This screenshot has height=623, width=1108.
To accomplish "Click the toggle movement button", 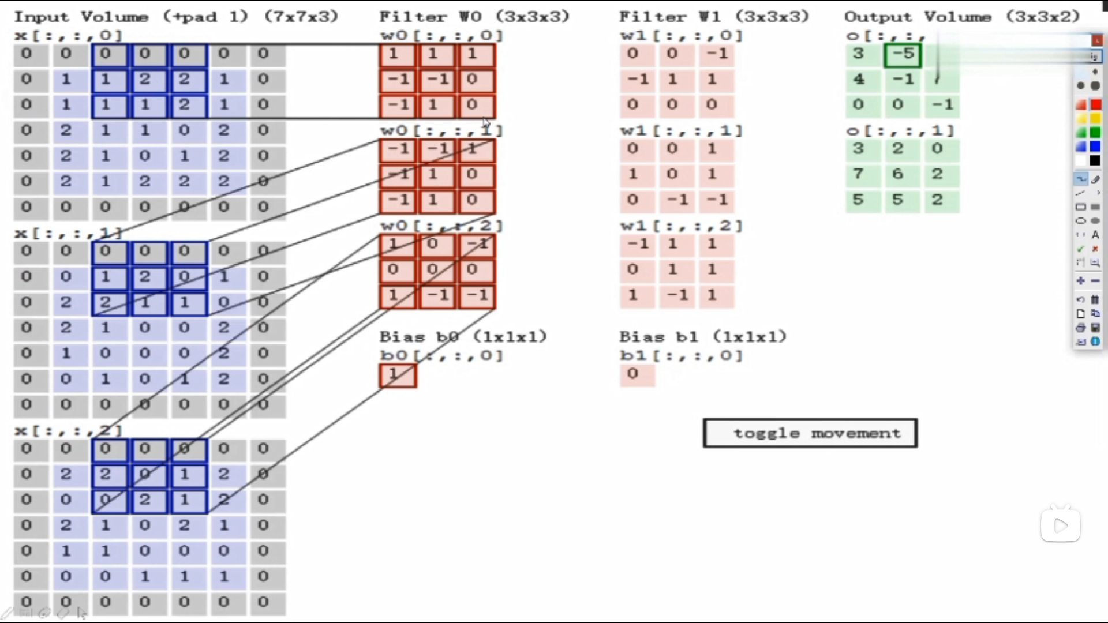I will click(810, 433).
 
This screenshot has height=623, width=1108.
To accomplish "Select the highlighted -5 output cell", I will click(903, 55).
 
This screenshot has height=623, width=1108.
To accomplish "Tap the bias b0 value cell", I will click(398, 376).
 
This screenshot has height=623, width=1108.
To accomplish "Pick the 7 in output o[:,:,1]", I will click(859, 174).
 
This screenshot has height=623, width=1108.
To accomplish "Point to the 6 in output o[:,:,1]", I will click(898, 174).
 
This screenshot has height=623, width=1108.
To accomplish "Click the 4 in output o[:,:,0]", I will click(859, 79).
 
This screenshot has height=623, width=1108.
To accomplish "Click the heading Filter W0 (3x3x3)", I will click(474, 17).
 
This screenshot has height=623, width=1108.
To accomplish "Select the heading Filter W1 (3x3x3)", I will click(714, 17).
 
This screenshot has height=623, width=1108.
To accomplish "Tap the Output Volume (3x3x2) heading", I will click(961, 17).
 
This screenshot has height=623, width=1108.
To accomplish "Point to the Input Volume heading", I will click(175, 17).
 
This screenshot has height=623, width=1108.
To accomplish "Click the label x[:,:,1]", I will click(68, 234).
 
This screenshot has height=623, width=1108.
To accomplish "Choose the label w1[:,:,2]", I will click(681, 226).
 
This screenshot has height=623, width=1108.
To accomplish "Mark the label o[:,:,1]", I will click(900, 131).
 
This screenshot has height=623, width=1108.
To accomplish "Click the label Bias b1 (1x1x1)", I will click(702, 337).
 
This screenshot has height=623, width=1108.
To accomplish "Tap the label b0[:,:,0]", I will click(441, 355).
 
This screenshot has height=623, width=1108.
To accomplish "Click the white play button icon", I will click(1060, 526).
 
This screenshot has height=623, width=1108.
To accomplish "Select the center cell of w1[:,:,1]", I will click(672, 174).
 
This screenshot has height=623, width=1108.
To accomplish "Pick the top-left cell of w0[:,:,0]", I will click(397, 55).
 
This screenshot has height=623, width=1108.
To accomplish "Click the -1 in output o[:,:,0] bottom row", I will click(942, 105).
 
